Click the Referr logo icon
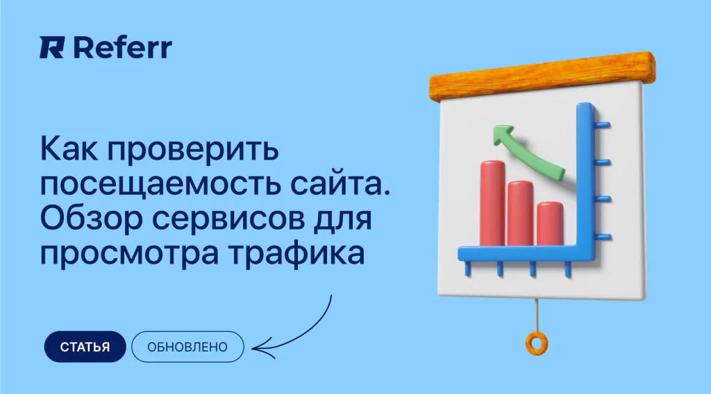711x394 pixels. coord(52,48)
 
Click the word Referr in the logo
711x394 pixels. coord(122,48)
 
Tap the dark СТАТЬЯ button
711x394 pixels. coord(85,347)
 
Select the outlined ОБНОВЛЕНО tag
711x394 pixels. coord(187,347)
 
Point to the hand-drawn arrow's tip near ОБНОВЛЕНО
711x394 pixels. coord(253,349)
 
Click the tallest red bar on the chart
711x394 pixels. coord(492,203)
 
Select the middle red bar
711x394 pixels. coord(520,214)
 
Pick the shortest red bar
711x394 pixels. coord(550,224)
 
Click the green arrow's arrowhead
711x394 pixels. coord(503,135)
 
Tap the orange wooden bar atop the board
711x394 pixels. coord(542,77)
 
